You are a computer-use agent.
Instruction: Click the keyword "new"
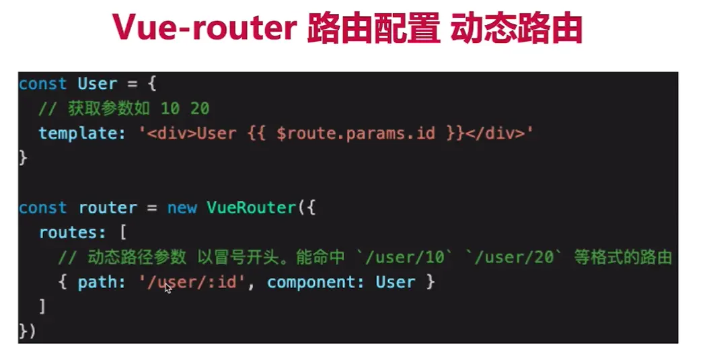click(x=182, y=207)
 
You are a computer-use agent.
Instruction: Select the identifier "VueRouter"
click(x=250, y=207)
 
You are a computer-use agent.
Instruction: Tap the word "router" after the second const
click(x=108, y=207)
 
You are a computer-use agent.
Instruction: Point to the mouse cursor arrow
click(x=168, y=287)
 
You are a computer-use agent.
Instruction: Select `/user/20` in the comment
click(x=515, y=257)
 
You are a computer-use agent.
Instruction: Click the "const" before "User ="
click(x=42, y=84)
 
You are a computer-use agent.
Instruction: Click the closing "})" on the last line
click(x=27, y=331)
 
